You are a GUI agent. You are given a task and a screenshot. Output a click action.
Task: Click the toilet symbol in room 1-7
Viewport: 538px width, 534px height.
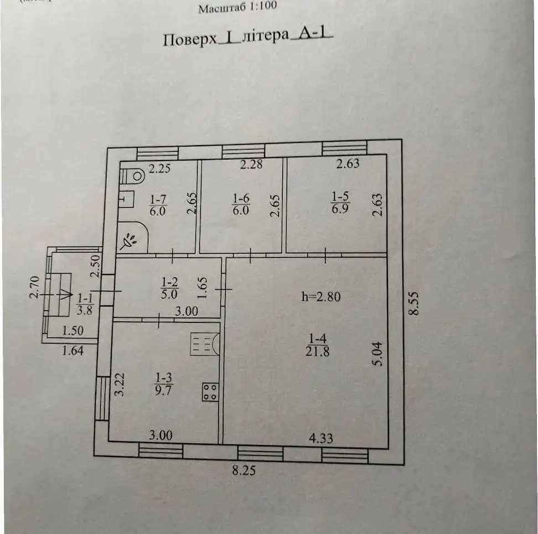pos(132,176)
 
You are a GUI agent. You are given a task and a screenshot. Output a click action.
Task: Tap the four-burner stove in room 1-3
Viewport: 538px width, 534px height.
pos(210,392)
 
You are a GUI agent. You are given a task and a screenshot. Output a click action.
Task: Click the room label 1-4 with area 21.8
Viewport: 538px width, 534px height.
pos(317,345)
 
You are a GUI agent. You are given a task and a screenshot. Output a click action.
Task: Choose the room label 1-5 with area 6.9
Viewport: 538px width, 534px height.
pos(340,203)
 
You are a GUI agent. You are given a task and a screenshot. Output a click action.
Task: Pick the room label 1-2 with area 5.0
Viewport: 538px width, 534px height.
pos(169,288)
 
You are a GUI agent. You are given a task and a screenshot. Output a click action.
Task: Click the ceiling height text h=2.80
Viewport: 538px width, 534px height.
pos(321,296)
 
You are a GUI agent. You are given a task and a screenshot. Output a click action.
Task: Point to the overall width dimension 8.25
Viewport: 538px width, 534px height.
pos(244,470)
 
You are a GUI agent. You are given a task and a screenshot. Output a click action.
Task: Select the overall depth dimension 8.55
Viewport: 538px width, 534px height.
pos(415,303)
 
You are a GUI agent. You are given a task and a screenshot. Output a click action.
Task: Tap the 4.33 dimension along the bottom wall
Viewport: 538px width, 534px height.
pos(321,438)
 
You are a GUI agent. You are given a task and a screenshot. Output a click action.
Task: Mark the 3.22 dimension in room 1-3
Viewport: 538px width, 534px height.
pos(119,384)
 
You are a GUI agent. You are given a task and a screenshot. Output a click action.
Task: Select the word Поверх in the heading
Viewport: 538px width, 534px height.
pos(190,39)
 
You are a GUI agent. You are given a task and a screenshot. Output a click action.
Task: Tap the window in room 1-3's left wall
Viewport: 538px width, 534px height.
pos(102,398)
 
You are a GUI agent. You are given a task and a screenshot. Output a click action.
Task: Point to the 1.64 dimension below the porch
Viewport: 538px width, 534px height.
pos(73,351)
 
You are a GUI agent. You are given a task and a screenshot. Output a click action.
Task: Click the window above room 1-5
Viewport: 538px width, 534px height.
pos(344,148)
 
